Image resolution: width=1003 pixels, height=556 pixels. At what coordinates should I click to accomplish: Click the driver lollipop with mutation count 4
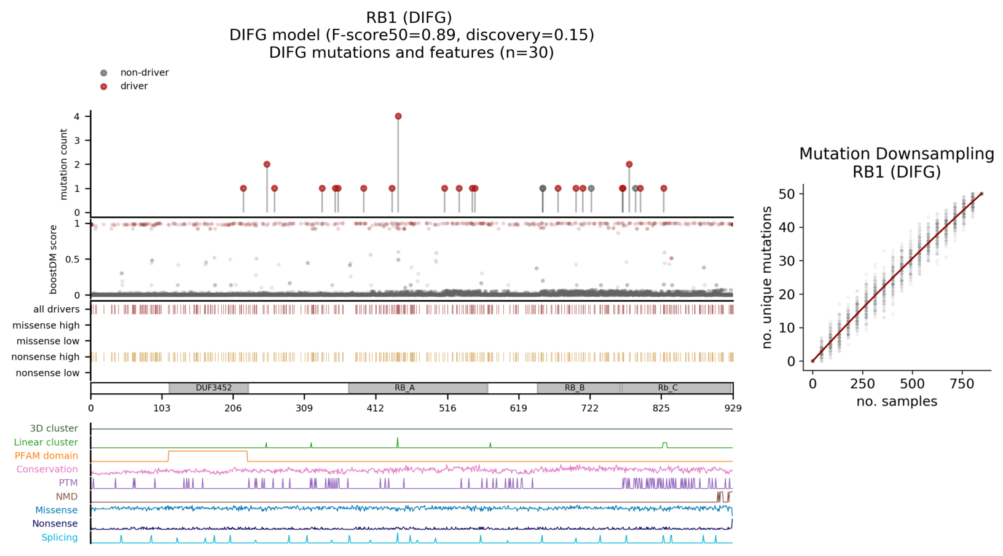click(x=398, y=116)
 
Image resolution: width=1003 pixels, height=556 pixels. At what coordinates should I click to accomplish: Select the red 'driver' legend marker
click(x=104, y=87)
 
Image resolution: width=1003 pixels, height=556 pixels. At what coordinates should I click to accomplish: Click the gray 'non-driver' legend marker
click(x=104, y=73)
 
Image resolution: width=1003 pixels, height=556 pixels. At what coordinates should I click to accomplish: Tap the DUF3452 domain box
click(x=209, y=388)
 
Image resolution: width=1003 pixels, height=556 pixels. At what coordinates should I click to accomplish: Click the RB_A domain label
click(x=404, y=388)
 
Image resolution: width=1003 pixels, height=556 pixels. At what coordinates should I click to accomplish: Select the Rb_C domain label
click(x=667, y=388)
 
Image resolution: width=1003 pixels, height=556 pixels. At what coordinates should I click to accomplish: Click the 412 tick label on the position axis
click(x=376, y=408)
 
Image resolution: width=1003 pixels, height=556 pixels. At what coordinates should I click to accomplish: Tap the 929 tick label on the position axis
click(x=733, y=408)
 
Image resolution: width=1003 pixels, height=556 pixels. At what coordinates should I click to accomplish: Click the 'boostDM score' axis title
click(x=54, y=259)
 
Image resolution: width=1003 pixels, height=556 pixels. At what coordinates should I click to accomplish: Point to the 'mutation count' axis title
click(x=64, y=164)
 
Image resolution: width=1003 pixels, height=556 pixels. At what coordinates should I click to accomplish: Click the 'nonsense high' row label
click(x=46, y=357)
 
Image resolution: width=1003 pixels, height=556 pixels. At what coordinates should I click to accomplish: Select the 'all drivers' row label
click(x=57, y=310)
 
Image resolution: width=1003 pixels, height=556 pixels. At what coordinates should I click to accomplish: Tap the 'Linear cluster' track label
click(x=46, y=442)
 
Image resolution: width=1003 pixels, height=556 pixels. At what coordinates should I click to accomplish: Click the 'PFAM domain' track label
click(x=47, y=456)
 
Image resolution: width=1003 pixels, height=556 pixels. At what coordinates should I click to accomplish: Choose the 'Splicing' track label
click(x=60, y=538)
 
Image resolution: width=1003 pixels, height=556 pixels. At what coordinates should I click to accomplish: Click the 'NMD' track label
click(x=67, y=496)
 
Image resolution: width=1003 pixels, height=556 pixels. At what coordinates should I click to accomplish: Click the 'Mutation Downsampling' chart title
click(x=896, y=154)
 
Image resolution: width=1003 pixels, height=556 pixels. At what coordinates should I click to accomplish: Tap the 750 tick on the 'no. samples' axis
click(x=962, y=384)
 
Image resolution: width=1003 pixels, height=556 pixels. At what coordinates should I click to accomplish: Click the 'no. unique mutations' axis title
click(x=767, y=278)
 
